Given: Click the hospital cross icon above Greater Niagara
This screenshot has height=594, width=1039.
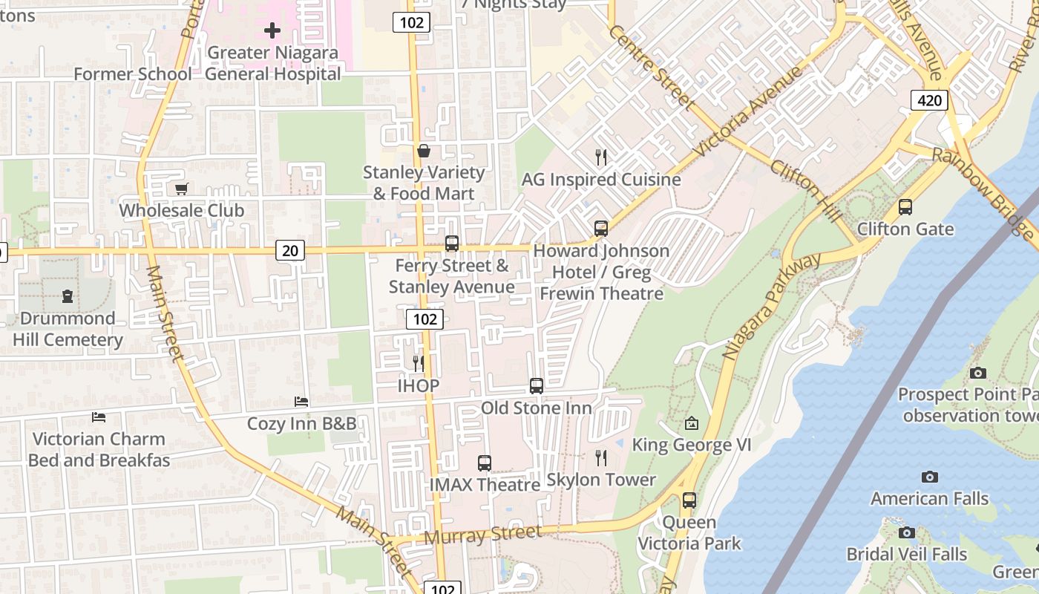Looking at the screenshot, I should pyautogui.click(x=272, y=30).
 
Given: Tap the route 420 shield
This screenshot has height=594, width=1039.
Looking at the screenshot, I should pyautogui.click(x=929, y=100).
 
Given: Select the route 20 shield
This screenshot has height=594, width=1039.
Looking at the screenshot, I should pyautogui.click(x=290, y=251).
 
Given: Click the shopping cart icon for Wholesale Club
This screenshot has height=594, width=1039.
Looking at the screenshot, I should pyautogui.click(x=182, y=189).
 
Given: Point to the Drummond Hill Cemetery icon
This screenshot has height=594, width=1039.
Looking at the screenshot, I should pyautogui.click(x=68, y=296).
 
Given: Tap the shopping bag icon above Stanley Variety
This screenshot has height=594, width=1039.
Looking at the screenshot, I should pyautogui.click(x=423, y=151).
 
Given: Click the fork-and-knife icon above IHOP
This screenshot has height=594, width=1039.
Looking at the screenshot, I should pyautogui.click(x=419, y=363).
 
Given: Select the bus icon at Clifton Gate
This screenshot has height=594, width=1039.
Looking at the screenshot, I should pyautogui.click(x=905, y=207).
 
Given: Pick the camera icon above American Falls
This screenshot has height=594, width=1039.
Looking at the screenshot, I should pyautogui.click(x=929, y=477).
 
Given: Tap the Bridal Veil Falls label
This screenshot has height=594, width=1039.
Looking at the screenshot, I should pyautogui.click(x=907, y=555).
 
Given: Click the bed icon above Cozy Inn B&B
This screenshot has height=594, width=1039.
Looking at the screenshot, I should pyautogui.click(x=301, y=402).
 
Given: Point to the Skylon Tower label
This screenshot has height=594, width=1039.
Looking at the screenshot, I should pyautogui.click(x=601, y=480).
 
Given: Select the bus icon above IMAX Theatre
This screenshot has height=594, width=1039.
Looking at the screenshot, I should pyautogui.click(x=485, y=463).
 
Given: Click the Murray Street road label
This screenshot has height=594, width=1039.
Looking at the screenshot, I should pyautogui.click(x=482, y=534).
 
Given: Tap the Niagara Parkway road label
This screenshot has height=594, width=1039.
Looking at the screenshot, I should pyautogui.click(x=772, y=306).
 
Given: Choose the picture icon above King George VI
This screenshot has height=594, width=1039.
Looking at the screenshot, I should pyautogui.click(x=692, y=424).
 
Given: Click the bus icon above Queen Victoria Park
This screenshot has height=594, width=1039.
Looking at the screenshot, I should pyautogui.click(x=689, y=500).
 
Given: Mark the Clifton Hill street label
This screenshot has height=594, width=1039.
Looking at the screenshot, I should pyautogui.click(x=807, y=190).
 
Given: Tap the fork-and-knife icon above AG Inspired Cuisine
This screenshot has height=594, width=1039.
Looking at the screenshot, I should pyautogui.click(x=601, y=157).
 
